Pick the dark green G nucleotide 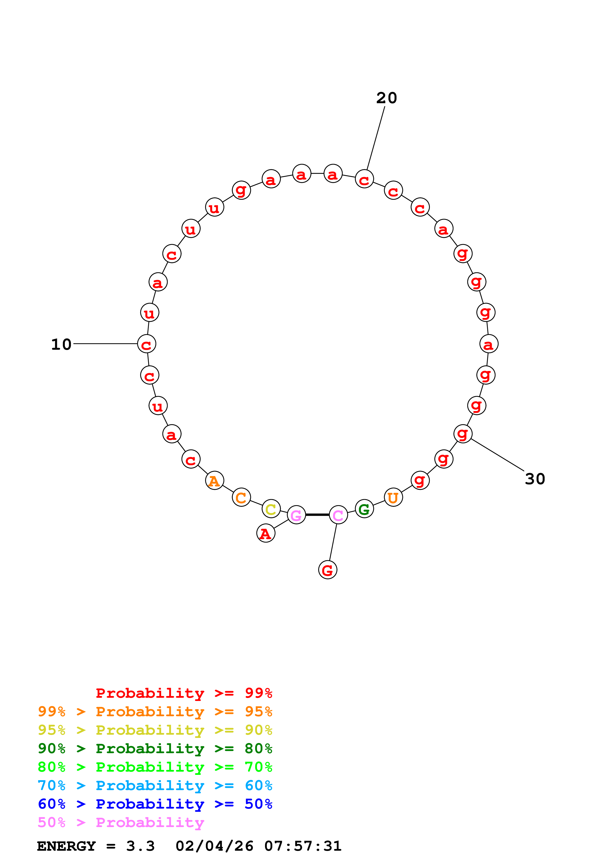364,509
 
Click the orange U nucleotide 393,498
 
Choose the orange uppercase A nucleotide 214,481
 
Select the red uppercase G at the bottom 328,570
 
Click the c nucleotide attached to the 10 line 146,344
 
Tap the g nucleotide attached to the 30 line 463,434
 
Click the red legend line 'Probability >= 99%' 184,693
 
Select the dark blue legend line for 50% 155,804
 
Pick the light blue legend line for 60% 155,786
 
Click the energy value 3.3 140,846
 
